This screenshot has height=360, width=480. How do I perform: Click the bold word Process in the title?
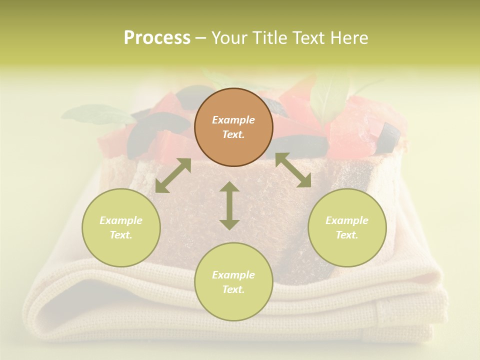pyautogui.click(x=157, y=38)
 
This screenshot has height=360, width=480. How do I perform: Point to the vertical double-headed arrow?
pyautogui.click(x=229, y=205)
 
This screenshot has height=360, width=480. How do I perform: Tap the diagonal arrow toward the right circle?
pyautogui.click(x=293, y=170)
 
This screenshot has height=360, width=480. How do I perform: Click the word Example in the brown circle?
pyautogui.click(x=233, y=120)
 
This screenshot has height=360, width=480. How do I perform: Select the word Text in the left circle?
pyautogui.click(x=120, y=235)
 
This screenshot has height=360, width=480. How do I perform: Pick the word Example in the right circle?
pyautogui.click(x=347, y=220)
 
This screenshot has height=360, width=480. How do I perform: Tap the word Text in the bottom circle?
pyautogui.click(x=232, y=289)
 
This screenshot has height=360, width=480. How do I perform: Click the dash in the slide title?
pyautogui.click(x=201, y=38)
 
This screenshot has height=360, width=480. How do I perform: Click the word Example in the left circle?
pyautogui.click(x=121, y=220)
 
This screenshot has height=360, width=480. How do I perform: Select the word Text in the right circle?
pyautogui.click(x=346, y=235)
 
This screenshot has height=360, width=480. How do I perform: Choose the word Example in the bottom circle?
pyautogui.click(x=233, y=275)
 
